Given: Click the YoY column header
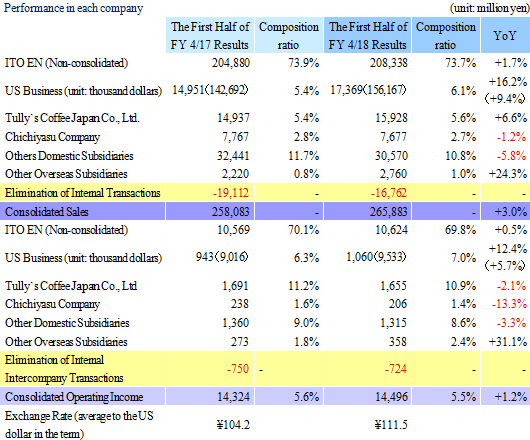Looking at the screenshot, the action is pyautogui.click(x=505, y=35).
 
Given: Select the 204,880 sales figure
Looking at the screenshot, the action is pyautogui.click(x=231, y=63).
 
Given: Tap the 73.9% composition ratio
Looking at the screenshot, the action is pyautogui.click(x=304, y=63).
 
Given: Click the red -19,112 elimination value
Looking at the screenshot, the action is pyautogui.click(x=231, y=193).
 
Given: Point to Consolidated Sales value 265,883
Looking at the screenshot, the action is pyautogui.click(x=388, y=212).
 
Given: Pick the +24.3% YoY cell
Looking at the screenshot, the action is pyautogui.click(x=508, y=174).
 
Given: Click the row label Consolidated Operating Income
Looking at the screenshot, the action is pyautogui.click(x=74, y=397).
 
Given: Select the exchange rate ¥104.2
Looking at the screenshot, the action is pyautogui.click(x=233, y=424).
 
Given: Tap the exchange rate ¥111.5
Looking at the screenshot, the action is pyautogui.click(x=391, y=424).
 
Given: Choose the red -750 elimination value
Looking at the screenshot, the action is pyautogui.click(x=238, y=368).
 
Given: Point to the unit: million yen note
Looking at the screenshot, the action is pyautogui.click(x=489, y=8).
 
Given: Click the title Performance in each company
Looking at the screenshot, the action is pyautogui.click(x=73, y=8).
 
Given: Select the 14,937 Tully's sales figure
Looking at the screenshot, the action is pyautogui.click(x=233, y=118).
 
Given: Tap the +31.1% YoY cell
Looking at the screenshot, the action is pyautogui.click(x=508, y=342).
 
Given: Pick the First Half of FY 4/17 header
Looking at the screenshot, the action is pyautogui.click(x=210, y=35).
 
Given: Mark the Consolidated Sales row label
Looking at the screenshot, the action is pyautogui.click(x=47, y=212).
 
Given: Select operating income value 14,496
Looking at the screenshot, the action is pyautogui.click(x=391, y=397).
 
